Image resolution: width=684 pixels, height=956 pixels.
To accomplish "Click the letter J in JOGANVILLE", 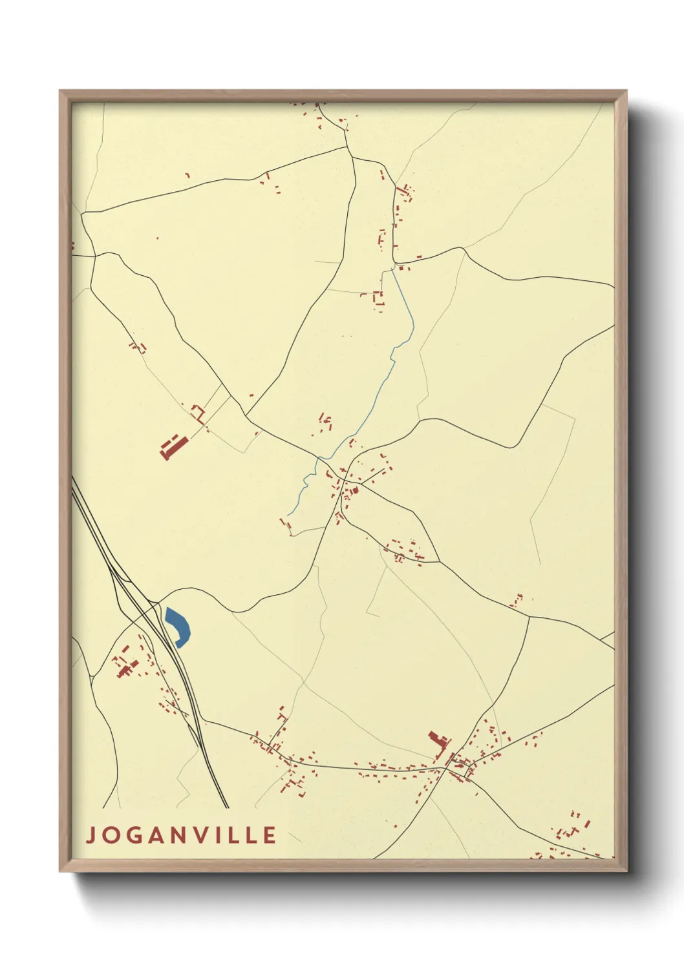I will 91,835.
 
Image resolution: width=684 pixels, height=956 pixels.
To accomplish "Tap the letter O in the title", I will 111,835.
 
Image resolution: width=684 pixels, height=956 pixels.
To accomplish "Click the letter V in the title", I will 205,835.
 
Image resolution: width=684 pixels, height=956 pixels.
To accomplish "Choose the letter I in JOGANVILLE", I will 223,835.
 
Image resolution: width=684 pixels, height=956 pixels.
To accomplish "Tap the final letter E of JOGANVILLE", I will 270,835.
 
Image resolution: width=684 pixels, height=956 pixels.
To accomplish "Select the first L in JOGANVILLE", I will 237,835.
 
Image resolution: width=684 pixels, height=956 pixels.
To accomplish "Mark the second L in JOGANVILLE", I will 253,835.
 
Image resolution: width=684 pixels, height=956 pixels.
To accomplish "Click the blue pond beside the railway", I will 178,626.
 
